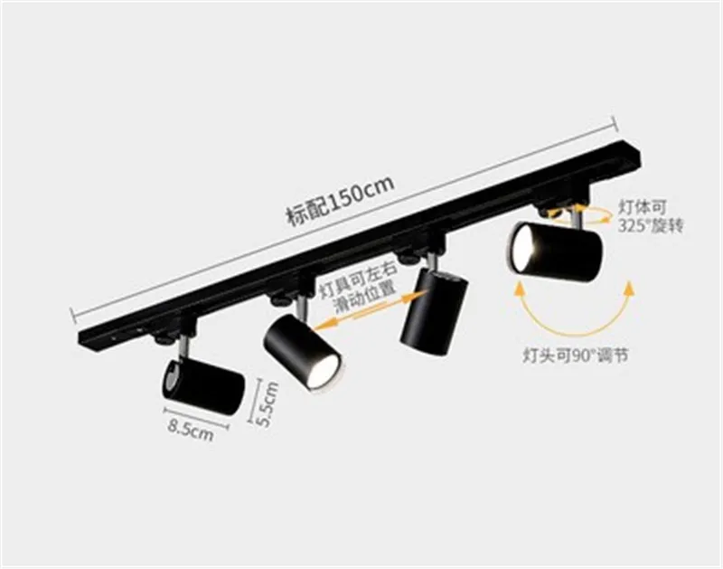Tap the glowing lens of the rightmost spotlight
coord(523,247)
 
